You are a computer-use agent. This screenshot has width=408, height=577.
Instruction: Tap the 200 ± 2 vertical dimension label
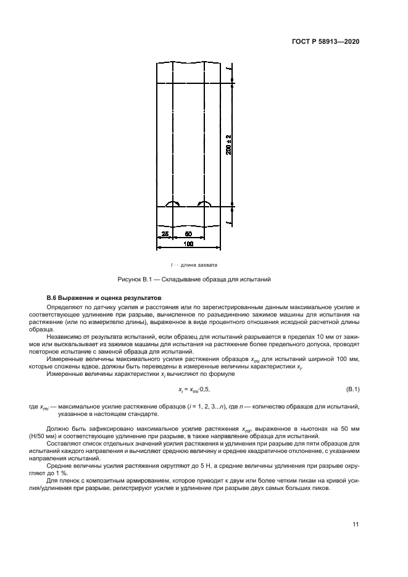point(228,144)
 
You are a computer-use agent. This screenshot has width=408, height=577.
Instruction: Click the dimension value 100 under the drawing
point(188,244)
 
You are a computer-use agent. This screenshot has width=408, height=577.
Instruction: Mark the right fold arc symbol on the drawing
point(203,204)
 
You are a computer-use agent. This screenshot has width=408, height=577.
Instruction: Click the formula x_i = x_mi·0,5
point(198,389)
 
